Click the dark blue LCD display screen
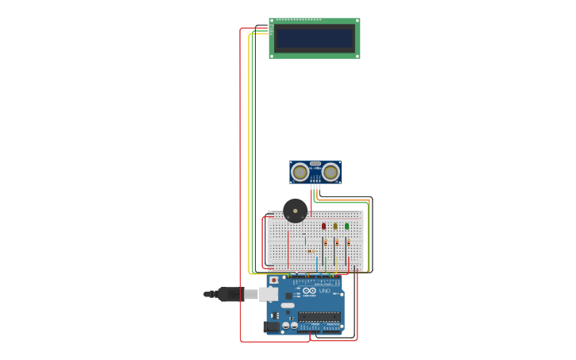coord(315,38)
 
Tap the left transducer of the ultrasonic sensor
coord(300,172)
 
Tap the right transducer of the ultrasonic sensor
coord(331,172)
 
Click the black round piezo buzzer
coord(295,211)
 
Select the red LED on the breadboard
coord(323,226)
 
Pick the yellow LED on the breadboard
coord(335,226)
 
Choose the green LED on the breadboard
coord(347,226)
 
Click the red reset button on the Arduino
coord(274,280)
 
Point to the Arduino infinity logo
coord(309,291)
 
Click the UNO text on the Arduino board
coord(324,291)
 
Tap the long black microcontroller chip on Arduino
coord(319,316)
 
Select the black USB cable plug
coord(230,294)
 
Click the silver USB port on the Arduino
coord(269,294)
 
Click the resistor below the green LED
coord(348,242)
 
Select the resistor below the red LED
coord(325,242)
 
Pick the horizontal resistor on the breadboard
coord(311,251)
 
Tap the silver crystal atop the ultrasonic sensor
coord(315,164)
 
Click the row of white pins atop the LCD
coord(299,20)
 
